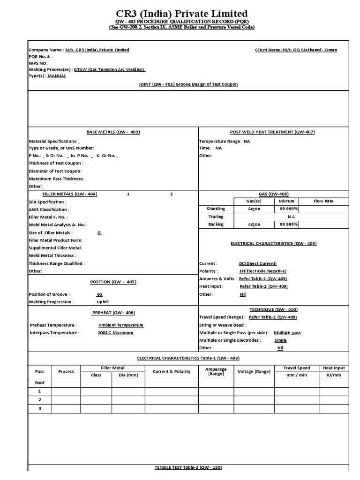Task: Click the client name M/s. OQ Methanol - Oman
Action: (x=296, y=50)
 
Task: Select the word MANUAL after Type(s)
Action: (x=56, y=76)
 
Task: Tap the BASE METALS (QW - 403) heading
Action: (x=113, y=132)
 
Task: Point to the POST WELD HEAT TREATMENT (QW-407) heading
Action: (x=272, y=132)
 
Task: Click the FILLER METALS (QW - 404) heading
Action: (x=70, y=194)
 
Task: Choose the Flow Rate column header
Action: (x=323, y=201)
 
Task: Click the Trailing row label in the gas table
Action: (x=216, y=217)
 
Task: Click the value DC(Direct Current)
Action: (x=257, y=263)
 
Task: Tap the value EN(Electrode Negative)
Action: (x=262, y=271)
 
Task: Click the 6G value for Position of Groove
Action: (x=99, y=294)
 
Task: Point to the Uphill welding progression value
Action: (x=102, y=302)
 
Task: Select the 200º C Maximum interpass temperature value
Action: (x=116, y=332)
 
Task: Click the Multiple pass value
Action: (x=287, y=332)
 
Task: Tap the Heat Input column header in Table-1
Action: (x=333, y=368)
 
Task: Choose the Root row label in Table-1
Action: (x=40, y=383)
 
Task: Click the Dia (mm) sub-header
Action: (x=128, y=375)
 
